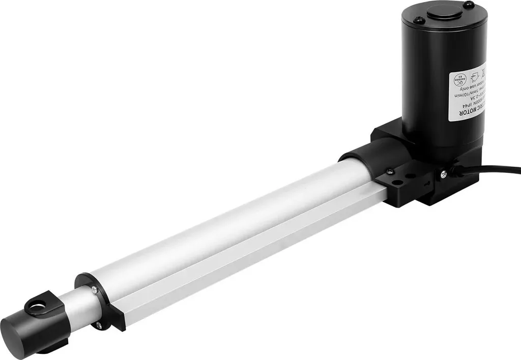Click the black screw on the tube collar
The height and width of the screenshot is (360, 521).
(x=389, y=171)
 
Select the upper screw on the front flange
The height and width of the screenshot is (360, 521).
(x=95, y=289)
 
